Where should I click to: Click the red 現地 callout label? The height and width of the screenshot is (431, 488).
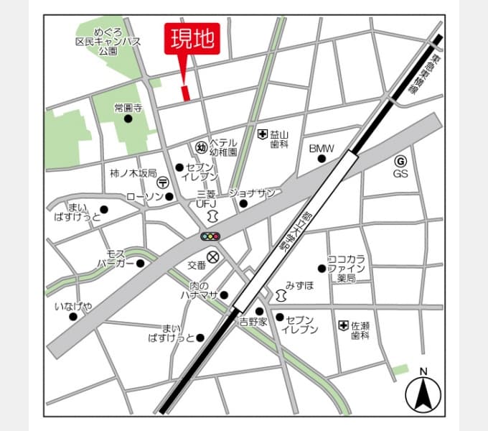[192, 39]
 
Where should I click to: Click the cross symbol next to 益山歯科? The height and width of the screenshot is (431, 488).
[263, 134]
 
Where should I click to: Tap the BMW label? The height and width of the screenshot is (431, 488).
[322, 149]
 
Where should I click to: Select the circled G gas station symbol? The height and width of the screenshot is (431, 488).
[400, 161]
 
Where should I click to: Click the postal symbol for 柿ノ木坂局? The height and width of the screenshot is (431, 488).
[164, 183]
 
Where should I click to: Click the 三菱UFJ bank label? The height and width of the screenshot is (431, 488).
[206, 199]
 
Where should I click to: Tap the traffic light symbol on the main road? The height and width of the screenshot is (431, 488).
[210, 236]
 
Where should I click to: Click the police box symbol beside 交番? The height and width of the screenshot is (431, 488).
[213, 256]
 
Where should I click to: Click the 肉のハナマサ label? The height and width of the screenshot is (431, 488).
[194, 290]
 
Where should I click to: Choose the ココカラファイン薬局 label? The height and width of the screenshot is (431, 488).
[347, 268]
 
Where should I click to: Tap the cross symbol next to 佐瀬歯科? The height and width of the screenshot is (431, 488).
[343, 325]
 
